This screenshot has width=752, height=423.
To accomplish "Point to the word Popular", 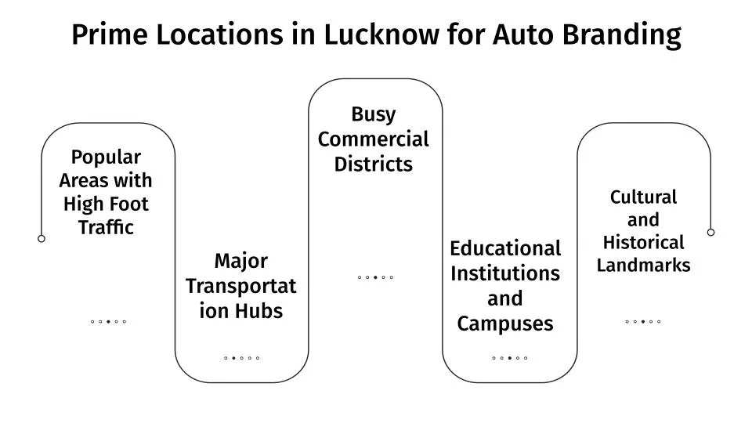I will point(106,157).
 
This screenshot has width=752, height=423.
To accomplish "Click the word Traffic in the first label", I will point(106,228).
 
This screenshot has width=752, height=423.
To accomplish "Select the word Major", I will point(241,261).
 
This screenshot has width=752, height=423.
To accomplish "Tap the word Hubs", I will point(262,311).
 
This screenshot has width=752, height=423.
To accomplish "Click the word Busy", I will point(374,114).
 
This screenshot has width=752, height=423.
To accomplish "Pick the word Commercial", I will point(374,139).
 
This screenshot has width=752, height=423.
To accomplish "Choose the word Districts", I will point(374,164).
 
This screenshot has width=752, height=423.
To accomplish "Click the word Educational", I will point(505,248).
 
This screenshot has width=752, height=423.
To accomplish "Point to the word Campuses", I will point(505,324).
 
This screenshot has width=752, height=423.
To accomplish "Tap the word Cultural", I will point(643,197).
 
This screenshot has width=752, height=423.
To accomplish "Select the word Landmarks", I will point(643,266).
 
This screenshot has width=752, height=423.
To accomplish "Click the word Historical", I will point(643,243).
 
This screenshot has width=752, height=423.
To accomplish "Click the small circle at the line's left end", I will point(42,239).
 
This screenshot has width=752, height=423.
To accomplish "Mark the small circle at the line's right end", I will point(710,232).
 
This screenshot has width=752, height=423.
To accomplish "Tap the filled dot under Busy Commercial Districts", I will point(375,277).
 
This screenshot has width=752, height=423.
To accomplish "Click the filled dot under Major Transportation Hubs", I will point(233,358).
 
